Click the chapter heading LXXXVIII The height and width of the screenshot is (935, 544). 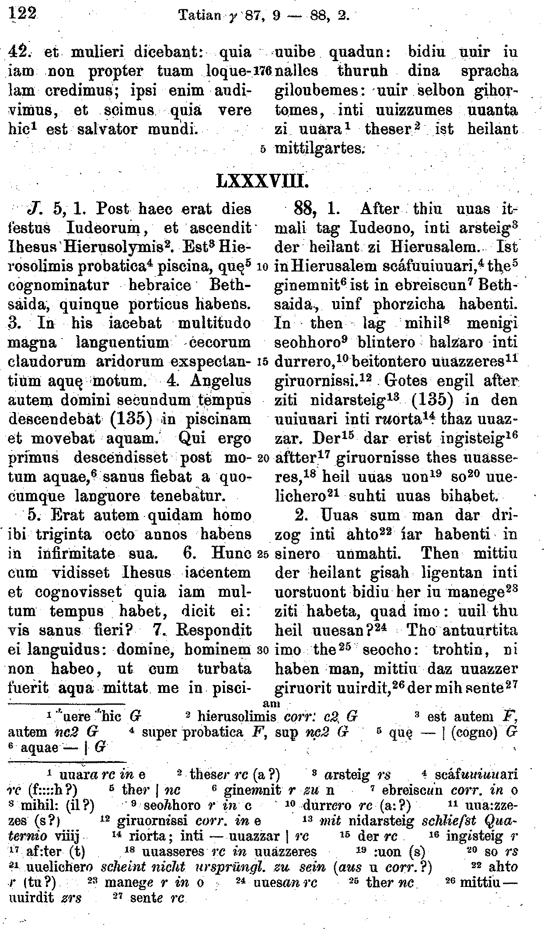263,180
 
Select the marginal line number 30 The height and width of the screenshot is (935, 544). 263,650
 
